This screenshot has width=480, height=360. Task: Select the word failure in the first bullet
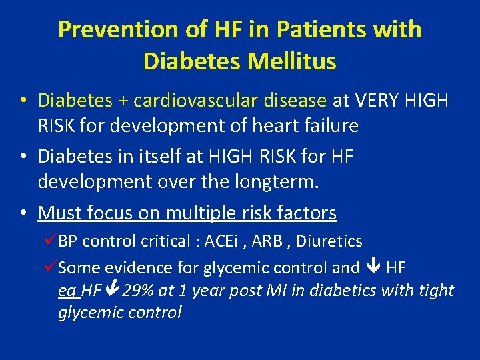[329, 125]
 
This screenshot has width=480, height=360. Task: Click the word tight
[435, 291]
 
